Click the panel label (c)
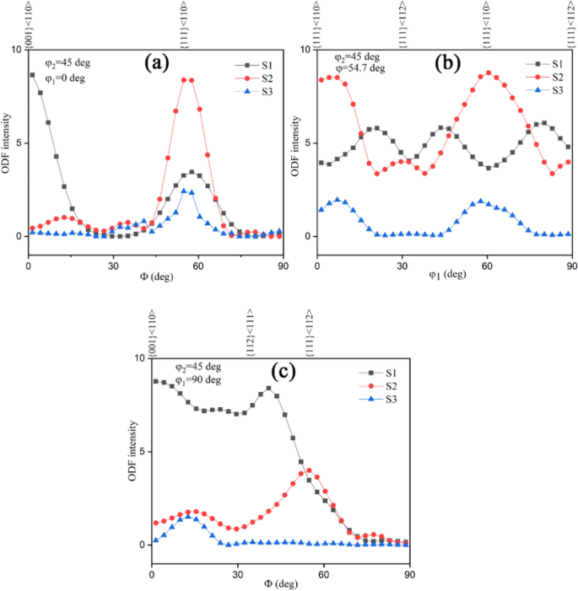(x=281, y=370)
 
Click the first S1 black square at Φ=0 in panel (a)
(x=32, y=75)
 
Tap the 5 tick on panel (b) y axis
(x=308, y=142)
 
